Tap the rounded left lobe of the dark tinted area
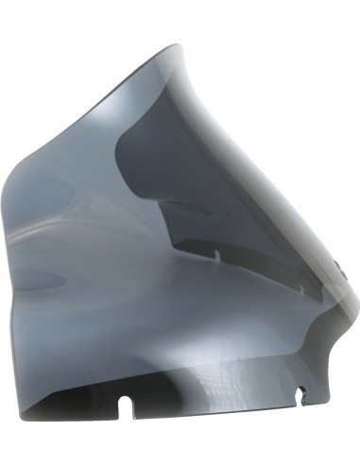(128, 161)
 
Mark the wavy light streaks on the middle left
(76, 227)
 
